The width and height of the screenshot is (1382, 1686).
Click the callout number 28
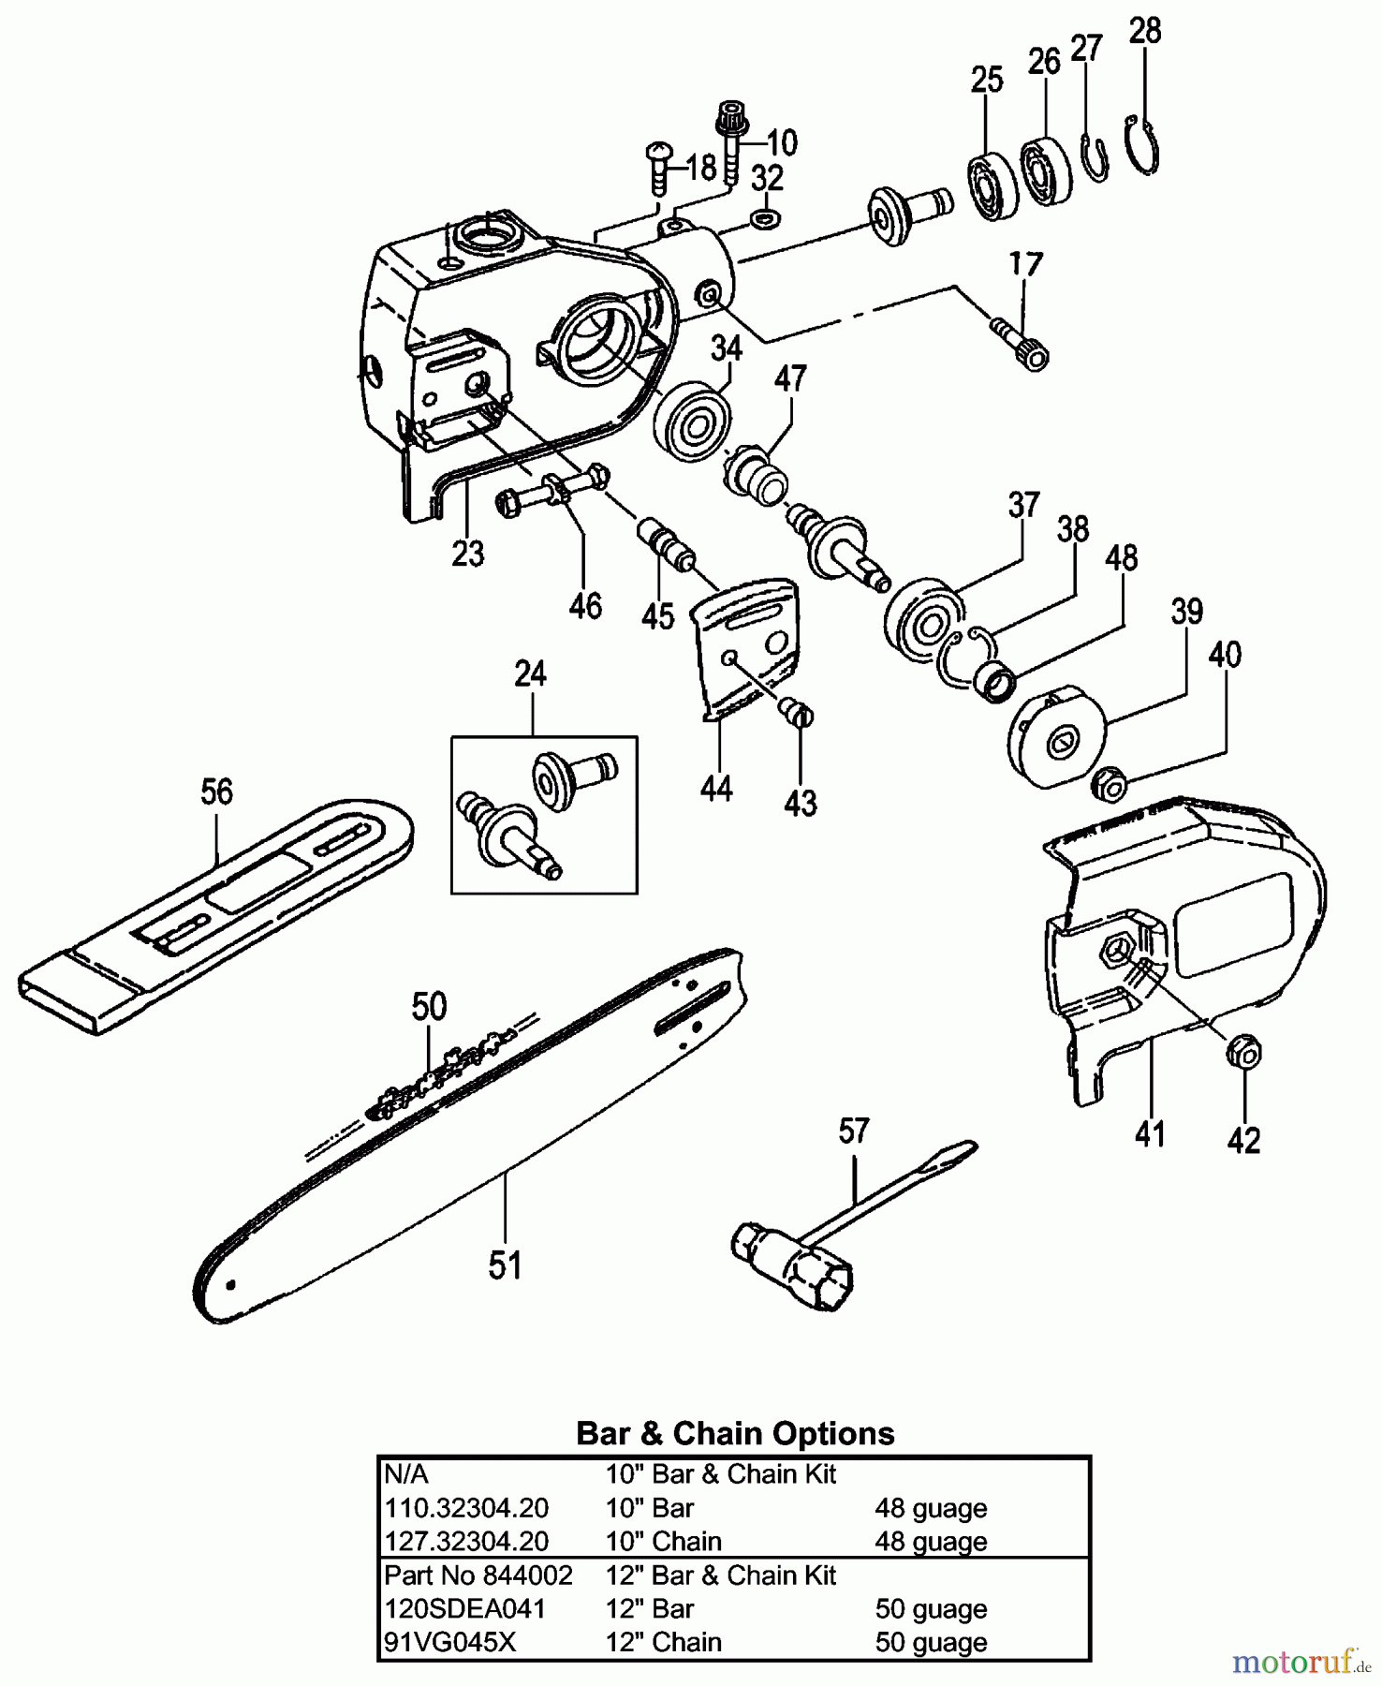[1145, 31]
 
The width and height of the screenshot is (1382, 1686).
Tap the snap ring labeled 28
[1143, 145]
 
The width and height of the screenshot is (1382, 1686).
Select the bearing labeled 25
[992, 186]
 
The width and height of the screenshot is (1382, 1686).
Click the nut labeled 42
[1243, 1053]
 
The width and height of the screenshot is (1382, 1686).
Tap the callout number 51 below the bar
[505, 1265]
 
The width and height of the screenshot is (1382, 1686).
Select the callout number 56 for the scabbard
[216, 792]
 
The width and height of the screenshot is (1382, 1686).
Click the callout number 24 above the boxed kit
[530, 674]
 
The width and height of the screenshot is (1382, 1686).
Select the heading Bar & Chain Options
[735, 1433]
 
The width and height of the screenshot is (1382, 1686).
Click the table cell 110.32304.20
[466, 1509]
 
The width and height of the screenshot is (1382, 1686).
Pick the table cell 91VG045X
[449, 1643]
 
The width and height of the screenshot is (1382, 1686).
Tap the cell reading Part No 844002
[478, 1575]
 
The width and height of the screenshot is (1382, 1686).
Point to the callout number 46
[585, 607]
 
